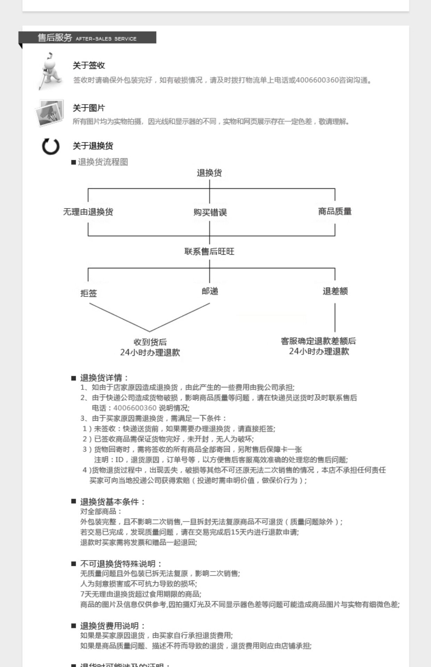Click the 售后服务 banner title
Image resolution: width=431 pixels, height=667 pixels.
pyautogui.click(x=55, y=38)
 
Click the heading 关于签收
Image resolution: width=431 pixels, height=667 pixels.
pyautogui.click(x=89, y=65)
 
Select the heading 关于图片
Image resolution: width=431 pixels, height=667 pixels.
pyautogui.click(x=89, y=108)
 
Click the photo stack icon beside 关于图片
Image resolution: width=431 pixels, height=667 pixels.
pyautogui.click(x=50, y=113)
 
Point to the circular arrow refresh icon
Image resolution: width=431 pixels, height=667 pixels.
pyautogui.click(x=51, y=146)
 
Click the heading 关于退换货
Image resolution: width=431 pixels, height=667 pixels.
pyautogui.click(x=93, y=146)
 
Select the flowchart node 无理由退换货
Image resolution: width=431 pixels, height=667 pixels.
pyautogui.click(x=88, y=212)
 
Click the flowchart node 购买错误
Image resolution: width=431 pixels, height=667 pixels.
pyautogui.click(x=210, y=212)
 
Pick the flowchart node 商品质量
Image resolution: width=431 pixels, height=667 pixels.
pyautogui.click(x=335, y=211)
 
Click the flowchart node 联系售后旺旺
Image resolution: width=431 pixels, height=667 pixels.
pyautogui.click(x=209, y=252)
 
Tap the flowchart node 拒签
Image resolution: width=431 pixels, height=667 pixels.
pyautogui.click(x=89, y=293)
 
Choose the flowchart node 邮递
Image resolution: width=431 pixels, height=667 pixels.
pyautogui.click(x=210, y=291)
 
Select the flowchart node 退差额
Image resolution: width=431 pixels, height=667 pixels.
pyautogui.click(x=335, y=291)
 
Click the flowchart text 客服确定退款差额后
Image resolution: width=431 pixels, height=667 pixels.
pyautogui.click(x=318, y=341)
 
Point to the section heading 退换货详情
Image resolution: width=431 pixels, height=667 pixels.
pyautogui.click(x=104, y=378)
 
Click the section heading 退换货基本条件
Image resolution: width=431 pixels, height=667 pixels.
pyautogui.click(x=113, y=502)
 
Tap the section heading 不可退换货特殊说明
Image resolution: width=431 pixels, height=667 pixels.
pyautogui.click(x=121, y=564)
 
